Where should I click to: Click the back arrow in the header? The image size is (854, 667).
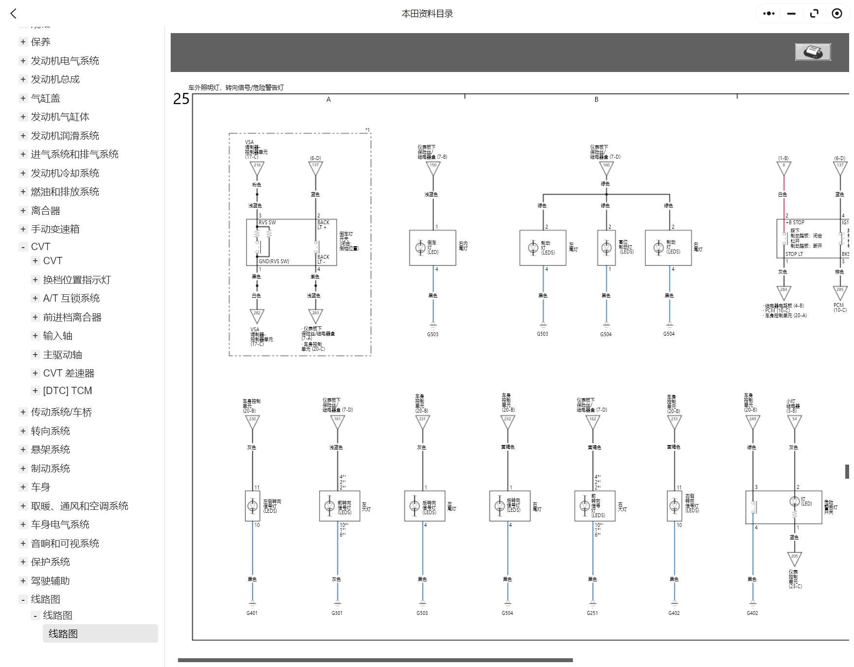[x=14, y=14]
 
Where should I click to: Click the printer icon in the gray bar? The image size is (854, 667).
[x=813, y=52]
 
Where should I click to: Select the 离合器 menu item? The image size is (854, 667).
[x=46, y=211]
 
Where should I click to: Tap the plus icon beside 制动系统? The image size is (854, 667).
[x=23, y=468]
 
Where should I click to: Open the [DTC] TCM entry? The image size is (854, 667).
[x=67, y=391]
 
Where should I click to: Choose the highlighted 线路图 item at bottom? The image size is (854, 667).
[x=63, y=633]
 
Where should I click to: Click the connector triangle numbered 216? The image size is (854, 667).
[x=257, y=167]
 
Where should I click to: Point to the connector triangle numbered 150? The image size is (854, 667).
[x=433, y=167]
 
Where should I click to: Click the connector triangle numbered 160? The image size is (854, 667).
[x=606, y=167]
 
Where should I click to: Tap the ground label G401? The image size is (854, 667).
[x=252, y=613]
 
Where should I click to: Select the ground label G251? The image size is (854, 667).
[x=592, y=613]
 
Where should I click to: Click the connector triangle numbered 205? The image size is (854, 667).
[x=794, y=558]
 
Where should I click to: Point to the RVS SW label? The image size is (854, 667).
[x=267, y=222]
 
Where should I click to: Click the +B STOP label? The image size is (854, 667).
[x=795, y=222]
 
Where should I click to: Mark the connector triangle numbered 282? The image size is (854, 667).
[x=257, y=315]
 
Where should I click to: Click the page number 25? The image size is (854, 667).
[x=181, y=99]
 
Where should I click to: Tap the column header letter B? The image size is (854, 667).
[x=596, y=99]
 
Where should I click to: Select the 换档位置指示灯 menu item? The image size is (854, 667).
[x=77, y=280]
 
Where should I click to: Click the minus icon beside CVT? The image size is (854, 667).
[x=23, y=247]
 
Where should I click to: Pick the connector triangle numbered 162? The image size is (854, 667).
[x=592, y=420]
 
